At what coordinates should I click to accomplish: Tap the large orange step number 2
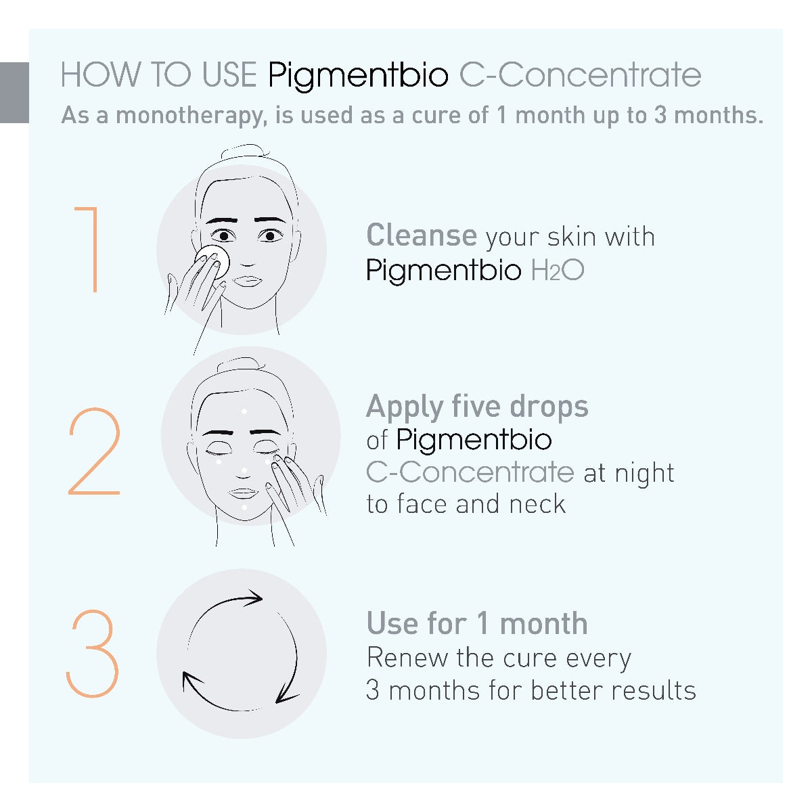coord(94,451)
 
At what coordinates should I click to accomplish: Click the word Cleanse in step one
coord(422,235)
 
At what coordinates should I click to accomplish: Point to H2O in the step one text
coord(558,270)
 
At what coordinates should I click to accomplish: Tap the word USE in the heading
coord(229,75)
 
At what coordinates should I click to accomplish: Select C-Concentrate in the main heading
coord(580,75)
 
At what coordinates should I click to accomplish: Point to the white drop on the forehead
coord(244,411)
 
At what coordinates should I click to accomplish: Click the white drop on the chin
coord(244,507)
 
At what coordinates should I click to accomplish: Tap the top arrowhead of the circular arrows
coord(252,598)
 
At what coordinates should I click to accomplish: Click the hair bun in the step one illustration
coord(245,152)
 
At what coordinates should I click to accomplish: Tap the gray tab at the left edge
coord(14,93)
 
